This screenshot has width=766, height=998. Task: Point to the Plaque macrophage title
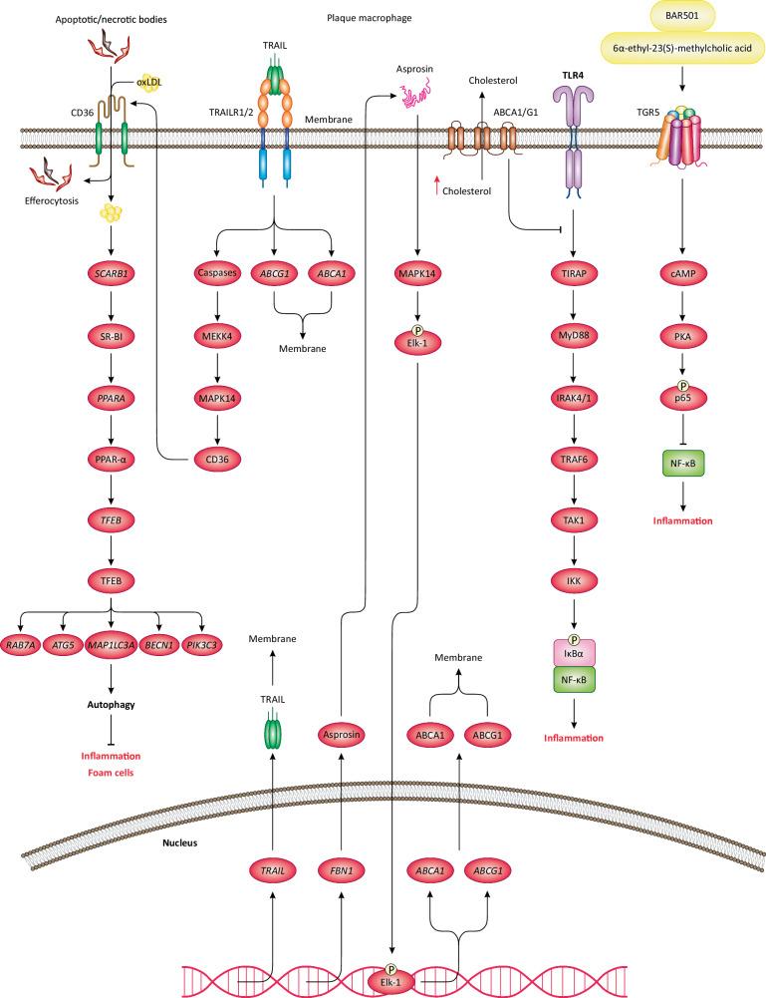point(370,17)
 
